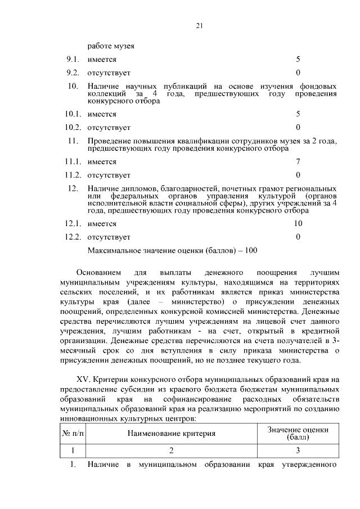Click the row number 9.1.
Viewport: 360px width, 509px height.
pos(74,59)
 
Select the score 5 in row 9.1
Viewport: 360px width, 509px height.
pos(298,59)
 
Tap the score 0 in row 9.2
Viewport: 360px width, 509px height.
pos(298,73)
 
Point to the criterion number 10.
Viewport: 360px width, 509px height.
pos(72,86)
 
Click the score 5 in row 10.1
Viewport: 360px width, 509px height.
pos(298,114)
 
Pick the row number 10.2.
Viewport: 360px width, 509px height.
pos(74,127)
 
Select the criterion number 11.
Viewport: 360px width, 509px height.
pos(72,141)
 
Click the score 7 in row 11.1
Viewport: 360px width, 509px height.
pos(298,161)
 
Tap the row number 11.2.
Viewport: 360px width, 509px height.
pos(74,175)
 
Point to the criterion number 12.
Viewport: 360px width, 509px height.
pos(72,188)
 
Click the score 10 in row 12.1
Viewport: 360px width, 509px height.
pos(298,223)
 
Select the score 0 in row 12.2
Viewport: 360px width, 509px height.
pos(298,237)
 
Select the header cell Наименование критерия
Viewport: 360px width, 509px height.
pos(172,434)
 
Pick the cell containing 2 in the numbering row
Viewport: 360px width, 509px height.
pos(172,451)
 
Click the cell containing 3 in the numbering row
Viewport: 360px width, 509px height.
pos(298,451)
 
